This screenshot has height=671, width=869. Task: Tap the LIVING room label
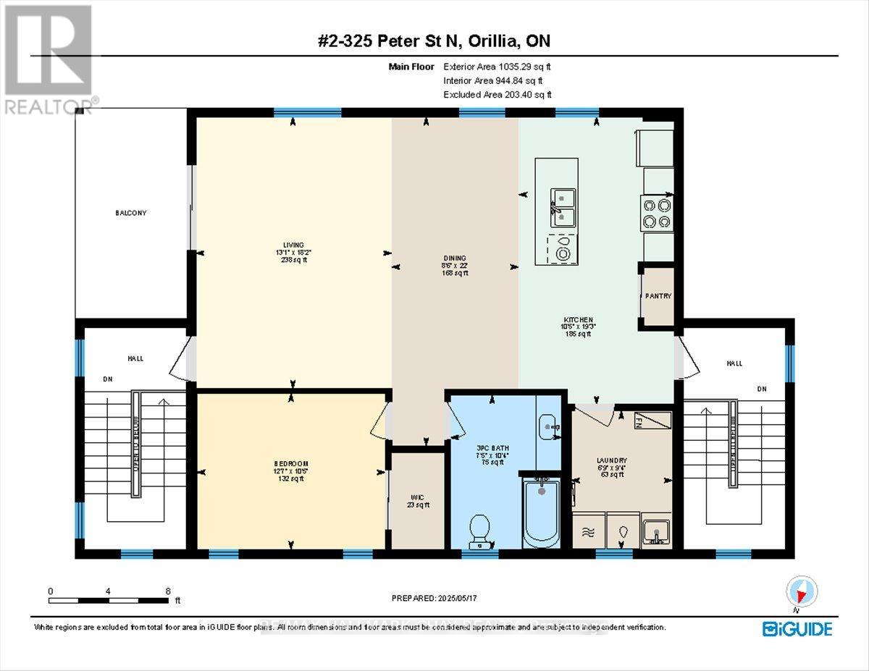(293, 245)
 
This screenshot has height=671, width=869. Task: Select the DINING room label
(455, 258)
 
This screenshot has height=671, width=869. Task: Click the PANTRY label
(659, 296)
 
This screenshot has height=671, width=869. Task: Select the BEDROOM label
(291, 463)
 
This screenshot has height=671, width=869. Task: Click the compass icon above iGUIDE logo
(800, 593)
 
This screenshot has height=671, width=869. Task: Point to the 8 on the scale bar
(168, 591)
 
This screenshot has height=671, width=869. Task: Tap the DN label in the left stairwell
(108, 379)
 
